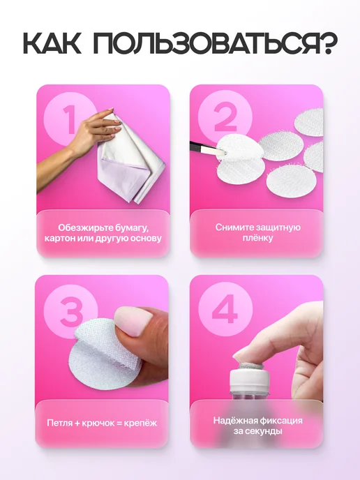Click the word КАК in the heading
tap(52, 43)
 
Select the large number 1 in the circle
tap(70, 119)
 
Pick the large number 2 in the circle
tap(225, 118)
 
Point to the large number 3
tap(71, 312)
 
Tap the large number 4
tap(225, 309)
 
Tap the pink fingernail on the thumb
tap(133, 322)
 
